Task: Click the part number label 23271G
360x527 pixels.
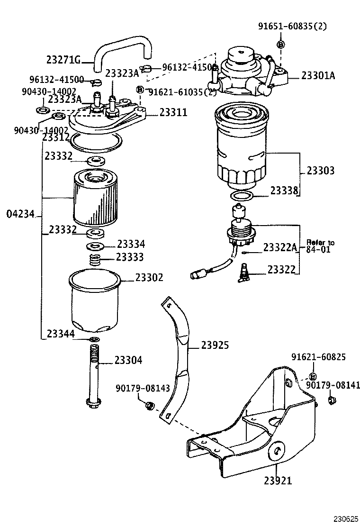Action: [63, 60]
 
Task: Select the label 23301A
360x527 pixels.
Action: [318, 75]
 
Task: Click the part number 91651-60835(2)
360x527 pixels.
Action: [292, 27]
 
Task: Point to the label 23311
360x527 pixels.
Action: [173, 112]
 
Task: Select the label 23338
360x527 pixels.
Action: [284, 191]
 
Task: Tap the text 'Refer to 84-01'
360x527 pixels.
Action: [320, 245]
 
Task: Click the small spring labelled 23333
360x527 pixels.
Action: [96, 260]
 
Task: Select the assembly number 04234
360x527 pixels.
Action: [21, 214]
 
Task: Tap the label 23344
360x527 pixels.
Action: [60, 334]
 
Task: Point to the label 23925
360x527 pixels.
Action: [215, 345]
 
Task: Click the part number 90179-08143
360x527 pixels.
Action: [142, 388]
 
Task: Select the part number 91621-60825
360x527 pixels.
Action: [318, 356]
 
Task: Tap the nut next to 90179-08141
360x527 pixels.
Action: [332, 402]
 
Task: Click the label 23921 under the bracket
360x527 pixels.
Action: [278, 480]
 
